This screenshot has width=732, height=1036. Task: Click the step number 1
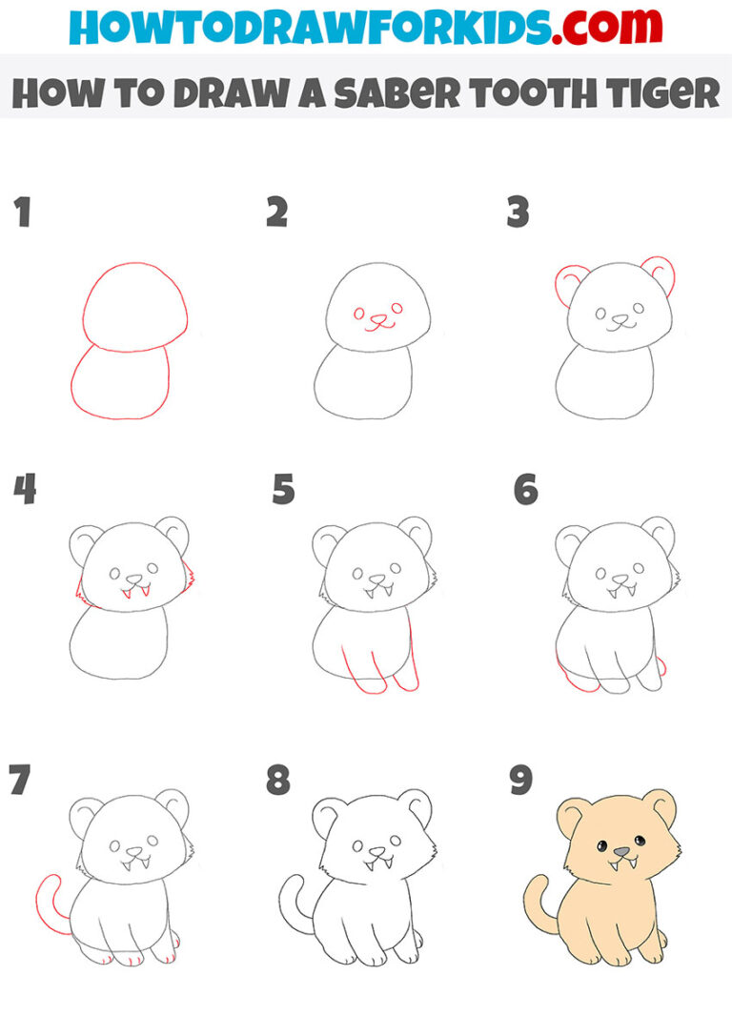[x=22, y=213]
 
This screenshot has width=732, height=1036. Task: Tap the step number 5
[x=283, y=489]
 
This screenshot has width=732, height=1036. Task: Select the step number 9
[x=520, y=781]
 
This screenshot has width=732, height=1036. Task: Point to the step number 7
[x=19, y=781]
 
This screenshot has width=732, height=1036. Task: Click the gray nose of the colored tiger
[x=621, y=851]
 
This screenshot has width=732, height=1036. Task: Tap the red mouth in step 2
[x=380, y=325]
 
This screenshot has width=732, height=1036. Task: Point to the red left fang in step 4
[x=125, y=592]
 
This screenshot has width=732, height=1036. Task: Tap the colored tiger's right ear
[x=660, y=806]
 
